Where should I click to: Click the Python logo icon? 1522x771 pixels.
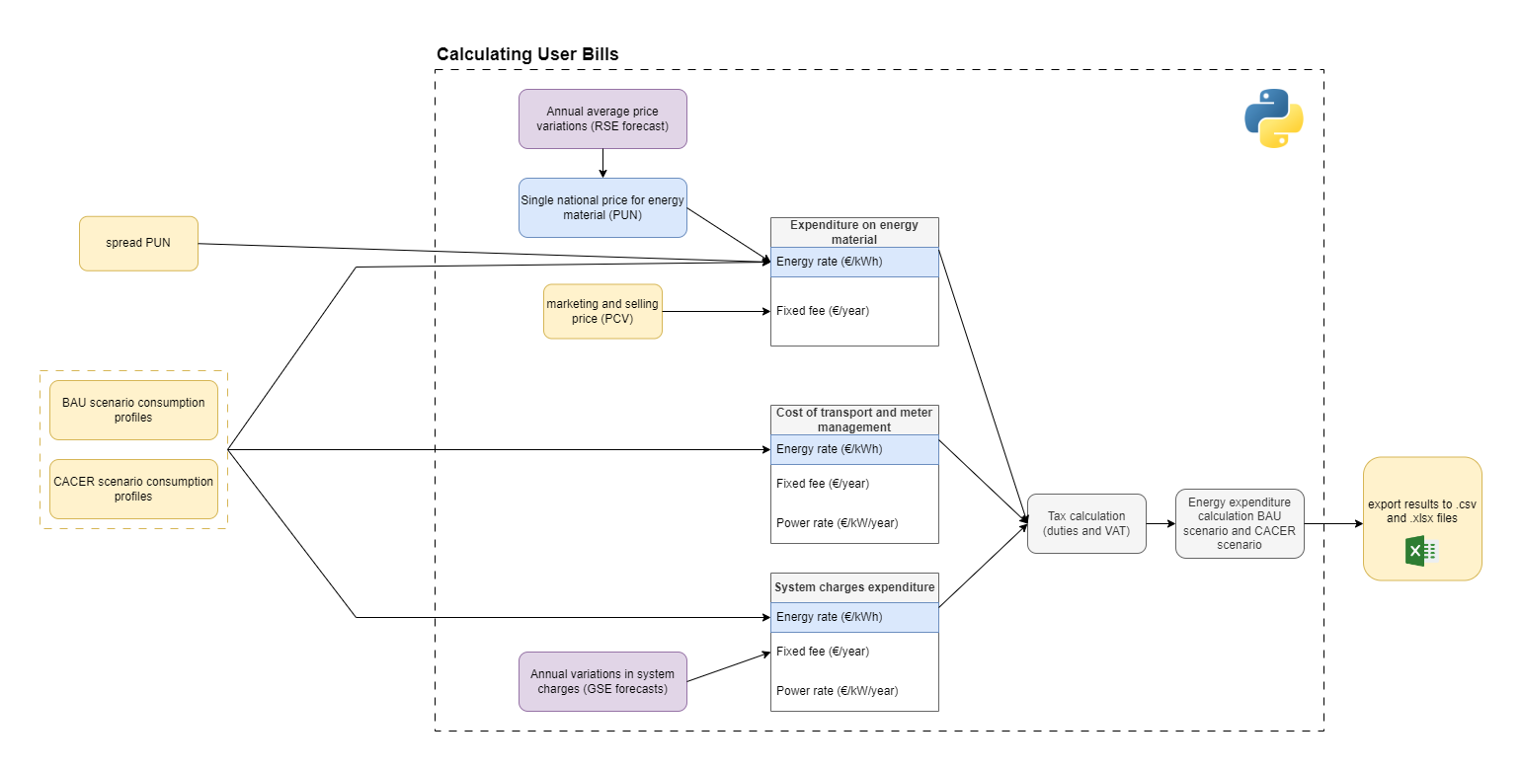pyautogui.click(x=1273, y=118)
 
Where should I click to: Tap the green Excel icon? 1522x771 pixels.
pyautogui.click(x=1421, y=551)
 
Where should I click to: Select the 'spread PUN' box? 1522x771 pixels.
pyautogui.click(x=138, y=243)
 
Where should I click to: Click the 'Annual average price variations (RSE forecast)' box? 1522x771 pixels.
pyautogui.click(x=602, y=119)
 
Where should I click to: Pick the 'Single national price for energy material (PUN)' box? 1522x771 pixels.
pyautogui.click(x=602, y=207)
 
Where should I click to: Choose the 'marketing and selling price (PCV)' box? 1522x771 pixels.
pyautogui.click(x=602, y=311)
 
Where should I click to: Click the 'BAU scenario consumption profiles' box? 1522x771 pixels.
pyautogui.click(x=133, y=410)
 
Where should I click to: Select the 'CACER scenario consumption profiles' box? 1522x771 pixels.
pyautogui.click(x=133, y=489)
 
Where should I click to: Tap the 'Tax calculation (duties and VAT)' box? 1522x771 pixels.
pyautogui.click(x=1086, y=523)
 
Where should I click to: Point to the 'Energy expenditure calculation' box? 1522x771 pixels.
pyautogui.click(x=1240, y=523)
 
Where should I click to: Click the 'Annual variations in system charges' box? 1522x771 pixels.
pyautogui.click(x=602, y=681)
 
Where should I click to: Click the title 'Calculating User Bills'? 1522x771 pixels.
pyautogui.click(x=527, y=54)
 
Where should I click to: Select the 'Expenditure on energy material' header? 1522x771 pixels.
pyautogui.click(x=854, y=232)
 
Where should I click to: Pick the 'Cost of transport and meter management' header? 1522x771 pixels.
pyautogui.click(x=854, y=420)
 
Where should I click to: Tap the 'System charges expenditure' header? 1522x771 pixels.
pyautogui.click(x=854, y=587)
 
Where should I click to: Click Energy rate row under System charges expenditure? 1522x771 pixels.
pyautogui.click(x=854, y=617)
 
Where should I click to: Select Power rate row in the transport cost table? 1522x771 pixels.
pyautogui.click(x=854, y=523)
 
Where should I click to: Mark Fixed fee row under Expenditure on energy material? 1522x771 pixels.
pyautogui.click(x=854, y=311)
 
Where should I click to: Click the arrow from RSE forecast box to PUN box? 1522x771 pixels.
pyautogui.click(x=602, y=163)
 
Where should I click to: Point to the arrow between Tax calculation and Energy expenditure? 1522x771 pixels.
pyautogui.click(x=1161, y=523)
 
